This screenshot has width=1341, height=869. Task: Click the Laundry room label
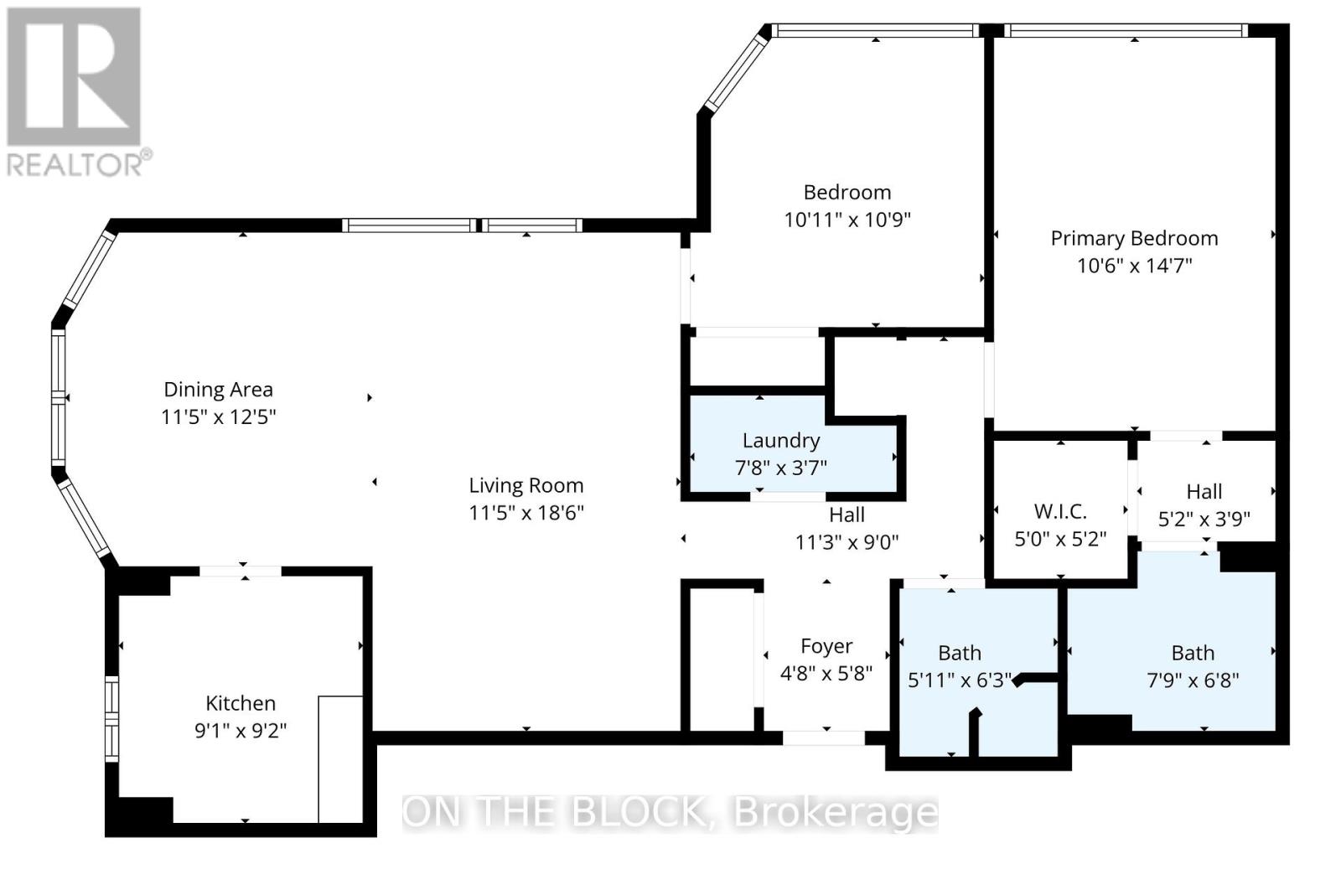(x=780, y=441)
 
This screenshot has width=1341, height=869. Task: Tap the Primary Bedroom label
(x=1135, y=238)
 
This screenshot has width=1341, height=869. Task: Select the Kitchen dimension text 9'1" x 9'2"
(x=241, y=731)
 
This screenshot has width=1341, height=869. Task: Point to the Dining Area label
(x=219, y=390)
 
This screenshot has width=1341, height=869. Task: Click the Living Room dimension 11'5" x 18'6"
(x=526, y=513)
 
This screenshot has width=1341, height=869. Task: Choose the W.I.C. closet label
(x=1060, y=512)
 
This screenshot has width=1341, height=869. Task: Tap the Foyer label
(x=826, y=646)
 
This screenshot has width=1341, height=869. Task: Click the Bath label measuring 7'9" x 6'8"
(x=1193, y=653)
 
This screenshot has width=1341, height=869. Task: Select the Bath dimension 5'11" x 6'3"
(x=960, y=680)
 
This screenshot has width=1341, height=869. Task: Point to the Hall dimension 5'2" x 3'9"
(x=1204, y=519)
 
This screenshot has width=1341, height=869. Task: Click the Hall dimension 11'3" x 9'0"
(x=847, y=542)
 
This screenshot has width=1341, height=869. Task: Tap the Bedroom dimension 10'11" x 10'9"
(x=847, y=220)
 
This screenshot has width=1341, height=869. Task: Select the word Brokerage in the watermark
(x=836, y=815)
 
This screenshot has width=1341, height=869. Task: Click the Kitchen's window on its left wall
(x=112, y=719)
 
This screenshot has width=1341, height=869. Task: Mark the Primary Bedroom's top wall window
(x=1126, y=30)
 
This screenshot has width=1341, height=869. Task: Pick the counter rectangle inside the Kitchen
(x=340, y=759)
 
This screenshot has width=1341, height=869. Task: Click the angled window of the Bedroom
(x=735, y=72)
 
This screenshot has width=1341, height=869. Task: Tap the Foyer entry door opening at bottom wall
(x=824, y=738)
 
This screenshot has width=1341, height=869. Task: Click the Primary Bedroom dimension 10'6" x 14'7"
(x=1135, y=265)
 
